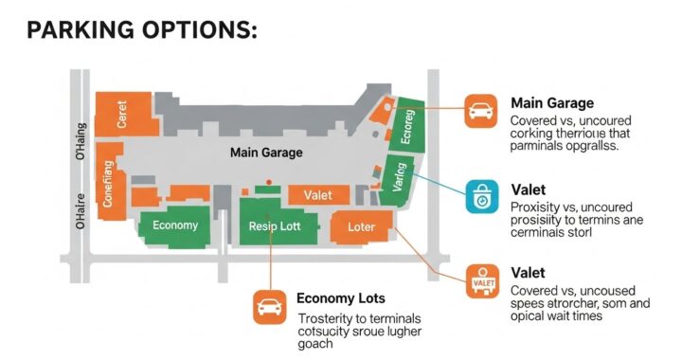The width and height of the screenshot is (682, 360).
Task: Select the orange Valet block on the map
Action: (x=318, y=195)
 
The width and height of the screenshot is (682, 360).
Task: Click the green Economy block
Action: (x=174, y=225)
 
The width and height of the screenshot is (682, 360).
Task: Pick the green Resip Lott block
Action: (x=275, y=227)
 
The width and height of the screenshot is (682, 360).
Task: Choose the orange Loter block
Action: (x=361, y=227)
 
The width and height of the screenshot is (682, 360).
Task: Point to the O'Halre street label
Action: (x=81, y=210)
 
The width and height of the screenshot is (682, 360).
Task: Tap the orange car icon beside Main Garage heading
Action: (x=481, y=111)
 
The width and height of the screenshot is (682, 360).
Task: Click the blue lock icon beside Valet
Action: (x=481, y=197)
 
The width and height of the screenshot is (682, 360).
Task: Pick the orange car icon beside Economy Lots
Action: (x=269, y=307)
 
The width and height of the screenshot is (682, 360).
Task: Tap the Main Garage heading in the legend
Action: (x=552, y=102)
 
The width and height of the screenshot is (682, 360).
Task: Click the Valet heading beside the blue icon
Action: (x=529, y=189)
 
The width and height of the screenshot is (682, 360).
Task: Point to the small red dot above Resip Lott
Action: (x=270, y=181)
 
